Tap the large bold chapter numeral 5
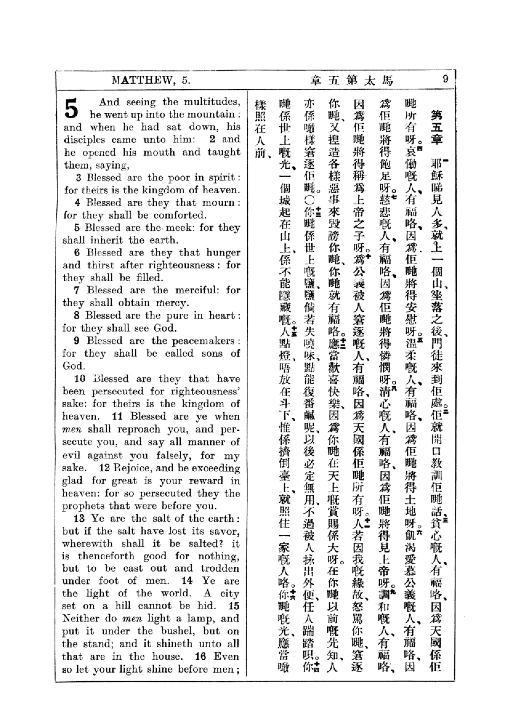(x=71, y=109)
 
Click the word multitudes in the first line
(x=212, y=102)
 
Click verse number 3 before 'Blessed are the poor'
(x=79, y=178)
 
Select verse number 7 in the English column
(x=77, y=290)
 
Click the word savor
(x=224, y=531)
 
